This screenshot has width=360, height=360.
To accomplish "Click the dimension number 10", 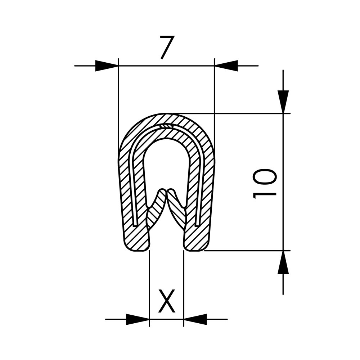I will [x=265, y=184].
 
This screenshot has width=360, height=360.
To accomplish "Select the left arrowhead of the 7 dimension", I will [x=107, y=66].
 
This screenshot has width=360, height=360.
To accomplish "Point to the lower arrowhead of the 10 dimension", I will [x=283, y=262].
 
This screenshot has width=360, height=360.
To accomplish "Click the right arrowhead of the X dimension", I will [x=195, y=319].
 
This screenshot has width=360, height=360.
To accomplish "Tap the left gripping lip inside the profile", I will [x=156, y=211].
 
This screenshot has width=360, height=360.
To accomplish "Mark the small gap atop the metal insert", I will [x=166, y=126].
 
